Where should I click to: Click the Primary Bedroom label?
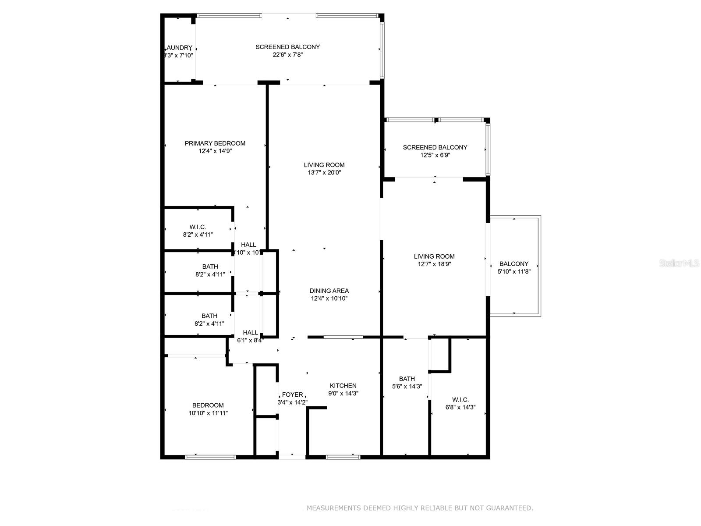(215, 143)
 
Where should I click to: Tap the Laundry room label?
(179, 48)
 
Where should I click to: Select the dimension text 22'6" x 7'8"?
(288, 55)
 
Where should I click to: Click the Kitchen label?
(343, 386)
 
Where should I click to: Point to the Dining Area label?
(329, 291)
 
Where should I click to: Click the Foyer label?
(292, 394)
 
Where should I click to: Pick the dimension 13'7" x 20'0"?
(324, 173)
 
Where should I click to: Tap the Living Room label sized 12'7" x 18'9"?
(434, 256)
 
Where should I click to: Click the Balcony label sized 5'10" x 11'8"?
(514, 264)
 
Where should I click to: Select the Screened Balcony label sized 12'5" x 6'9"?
(435, 147)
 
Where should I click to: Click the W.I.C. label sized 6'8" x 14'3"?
(460, 400)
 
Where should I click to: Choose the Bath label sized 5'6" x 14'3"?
(407, 379)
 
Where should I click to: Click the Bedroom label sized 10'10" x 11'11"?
(208, 405)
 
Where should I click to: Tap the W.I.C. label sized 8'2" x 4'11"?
(198, 227)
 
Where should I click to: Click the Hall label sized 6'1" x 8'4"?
(250, 333)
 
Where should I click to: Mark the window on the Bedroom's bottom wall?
(210, 457)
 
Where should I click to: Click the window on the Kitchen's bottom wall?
(343, 457)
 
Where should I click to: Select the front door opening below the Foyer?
(292, 457)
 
